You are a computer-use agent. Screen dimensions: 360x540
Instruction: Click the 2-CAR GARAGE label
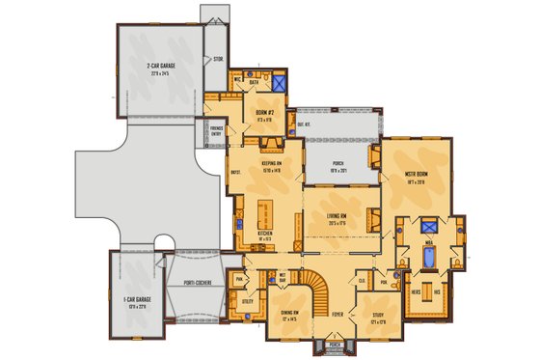159,69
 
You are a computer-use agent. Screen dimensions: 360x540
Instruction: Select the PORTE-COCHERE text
198,284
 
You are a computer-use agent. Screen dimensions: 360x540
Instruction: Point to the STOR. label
218,58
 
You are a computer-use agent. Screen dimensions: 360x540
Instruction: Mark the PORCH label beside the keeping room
337,163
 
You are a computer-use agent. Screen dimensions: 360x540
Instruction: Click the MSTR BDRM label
417,176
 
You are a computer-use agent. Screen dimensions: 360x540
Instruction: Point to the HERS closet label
416,290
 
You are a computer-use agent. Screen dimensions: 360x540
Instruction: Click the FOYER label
337,314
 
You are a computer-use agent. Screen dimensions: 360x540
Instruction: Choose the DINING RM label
288,316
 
